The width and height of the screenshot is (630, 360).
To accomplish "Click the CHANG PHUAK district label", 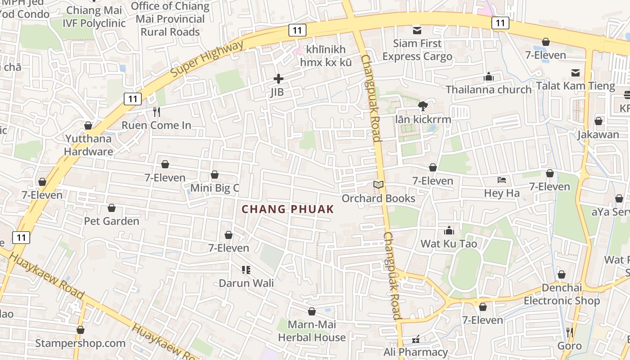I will coord(288,209).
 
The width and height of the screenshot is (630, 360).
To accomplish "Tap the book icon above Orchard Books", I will coord(378,184).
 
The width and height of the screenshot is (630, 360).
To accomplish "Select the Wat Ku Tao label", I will coord(449,244).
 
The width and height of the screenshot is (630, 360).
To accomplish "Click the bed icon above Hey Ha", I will coord(502,180).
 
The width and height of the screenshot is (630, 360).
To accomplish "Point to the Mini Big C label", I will coord(215,188).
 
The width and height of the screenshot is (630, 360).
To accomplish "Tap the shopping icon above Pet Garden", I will coord(112,208).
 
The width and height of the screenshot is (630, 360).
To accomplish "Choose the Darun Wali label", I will coord(246,283).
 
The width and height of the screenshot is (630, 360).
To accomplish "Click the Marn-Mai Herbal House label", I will coord(312,331).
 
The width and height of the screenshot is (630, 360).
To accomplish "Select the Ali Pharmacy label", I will coord(415,352).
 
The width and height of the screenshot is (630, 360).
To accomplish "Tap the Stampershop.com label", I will coord(81,343).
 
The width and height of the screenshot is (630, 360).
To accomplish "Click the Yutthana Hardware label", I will coord(89,145).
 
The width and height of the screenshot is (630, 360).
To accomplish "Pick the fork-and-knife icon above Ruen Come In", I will coord(157,112).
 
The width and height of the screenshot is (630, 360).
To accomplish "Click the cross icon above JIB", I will coord(279,79).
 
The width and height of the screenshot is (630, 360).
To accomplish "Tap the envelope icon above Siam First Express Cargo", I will coord(417,30).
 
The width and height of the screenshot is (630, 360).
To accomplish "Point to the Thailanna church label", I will coord(489,90).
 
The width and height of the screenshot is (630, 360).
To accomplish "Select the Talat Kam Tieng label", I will coord(576,85).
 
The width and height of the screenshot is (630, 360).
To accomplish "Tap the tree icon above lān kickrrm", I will coord(423,106).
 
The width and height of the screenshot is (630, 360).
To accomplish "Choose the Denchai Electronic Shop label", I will coord(562,294).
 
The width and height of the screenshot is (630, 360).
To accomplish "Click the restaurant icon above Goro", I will coord(570,333).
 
